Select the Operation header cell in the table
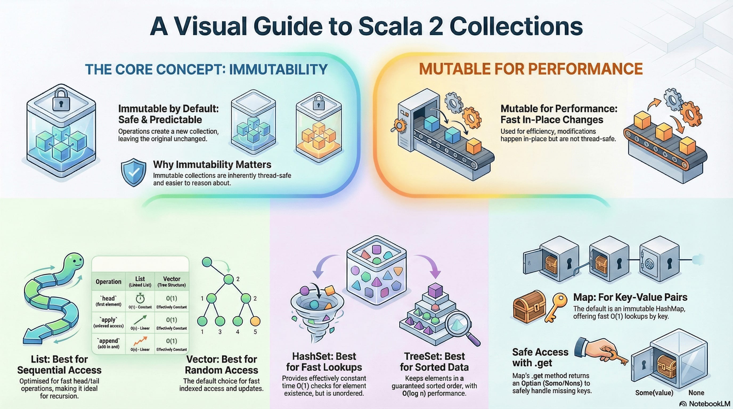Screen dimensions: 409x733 108,281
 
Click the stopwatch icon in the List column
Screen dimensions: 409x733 140,298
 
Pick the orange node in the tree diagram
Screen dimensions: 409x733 255,321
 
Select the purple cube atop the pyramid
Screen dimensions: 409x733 435,290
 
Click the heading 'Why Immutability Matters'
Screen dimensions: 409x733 212,164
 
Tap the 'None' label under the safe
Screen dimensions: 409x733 696,393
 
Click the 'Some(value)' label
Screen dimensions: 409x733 654,393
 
